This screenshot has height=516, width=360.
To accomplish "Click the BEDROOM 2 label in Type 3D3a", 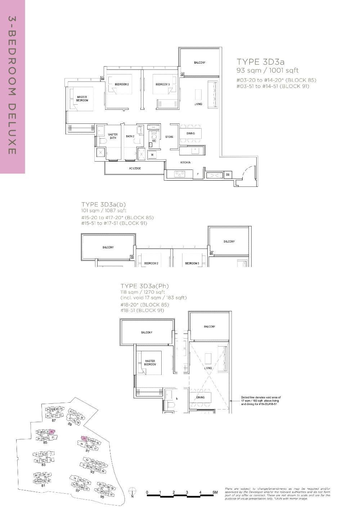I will pos(122,84).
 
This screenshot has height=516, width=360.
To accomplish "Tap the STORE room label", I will pos(169,137).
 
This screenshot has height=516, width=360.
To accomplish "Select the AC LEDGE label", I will pos(135,168).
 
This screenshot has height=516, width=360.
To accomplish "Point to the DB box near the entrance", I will pos(228,175).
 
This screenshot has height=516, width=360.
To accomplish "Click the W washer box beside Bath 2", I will pos(152,155).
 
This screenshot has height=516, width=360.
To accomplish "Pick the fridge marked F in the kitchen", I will pos(198,175).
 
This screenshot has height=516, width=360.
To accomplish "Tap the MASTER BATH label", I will pos(113,136).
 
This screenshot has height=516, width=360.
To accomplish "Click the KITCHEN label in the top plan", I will pos(185,163).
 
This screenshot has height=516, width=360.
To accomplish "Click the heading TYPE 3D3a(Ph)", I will pos(144,286).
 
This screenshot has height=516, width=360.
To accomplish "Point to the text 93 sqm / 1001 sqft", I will pos(267,71).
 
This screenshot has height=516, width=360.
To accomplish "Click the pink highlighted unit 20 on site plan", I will pos(52,432).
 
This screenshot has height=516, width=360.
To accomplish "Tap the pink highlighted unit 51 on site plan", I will pos(84,439).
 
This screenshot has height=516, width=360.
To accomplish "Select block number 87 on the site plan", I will pos(54,420).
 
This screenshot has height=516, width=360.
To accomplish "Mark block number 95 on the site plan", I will pos(102,497).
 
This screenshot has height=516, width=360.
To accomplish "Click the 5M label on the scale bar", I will pos(215,492).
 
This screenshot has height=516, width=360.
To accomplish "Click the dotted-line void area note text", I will pos(260,401).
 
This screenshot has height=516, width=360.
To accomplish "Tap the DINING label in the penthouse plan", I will pos(201,397).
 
